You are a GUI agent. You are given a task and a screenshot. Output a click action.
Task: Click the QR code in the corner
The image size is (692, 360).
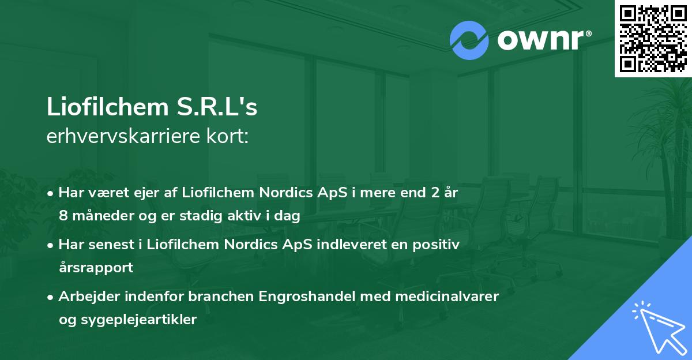click(653, 38)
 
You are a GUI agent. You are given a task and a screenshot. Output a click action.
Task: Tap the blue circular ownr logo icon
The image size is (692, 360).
click(469, 40)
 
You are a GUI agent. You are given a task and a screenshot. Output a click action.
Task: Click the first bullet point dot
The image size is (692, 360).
click(51, 193)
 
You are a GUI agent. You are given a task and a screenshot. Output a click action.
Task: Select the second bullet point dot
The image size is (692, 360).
click(51, 245)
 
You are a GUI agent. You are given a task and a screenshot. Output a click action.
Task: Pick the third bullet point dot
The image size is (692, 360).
click(51, 297)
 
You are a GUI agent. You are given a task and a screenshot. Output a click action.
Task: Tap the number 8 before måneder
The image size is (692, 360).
click(63, 216)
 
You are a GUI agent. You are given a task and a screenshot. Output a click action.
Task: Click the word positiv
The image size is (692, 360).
click(439, 245)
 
